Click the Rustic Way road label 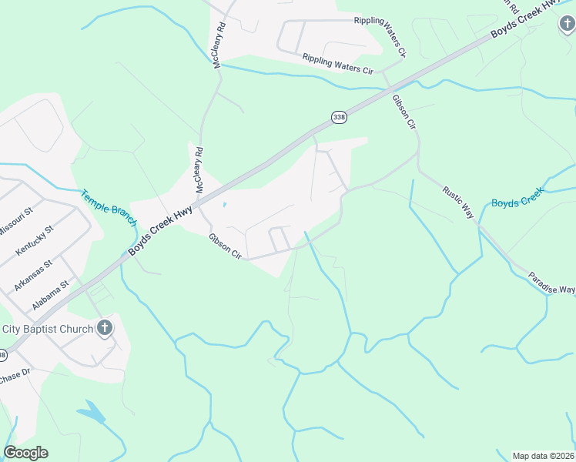click(x=457, y=202)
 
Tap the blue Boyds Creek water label click(x=517, y=203)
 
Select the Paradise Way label click(x=551, y=284)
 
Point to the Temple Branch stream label click(x=109, y=207)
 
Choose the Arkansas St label click(x=32, y=275)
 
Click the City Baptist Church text click(x=48, y=329)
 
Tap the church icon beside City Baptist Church click(x=105, y=329)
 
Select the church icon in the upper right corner click(x=567, y=25)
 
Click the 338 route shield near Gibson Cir click(x=339, y=117)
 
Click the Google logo click(x=25, y=453)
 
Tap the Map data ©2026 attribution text click(x=543, y=456)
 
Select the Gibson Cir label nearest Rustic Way click(x=404, y=112)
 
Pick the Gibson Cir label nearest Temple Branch click(x=225, y=246)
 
